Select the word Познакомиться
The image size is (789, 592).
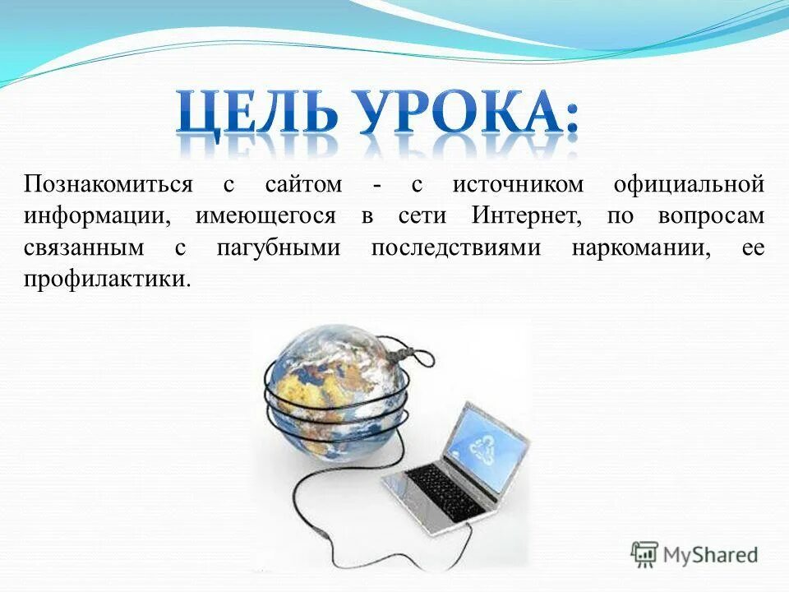coord(108,183)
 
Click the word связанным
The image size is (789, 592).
coord(88,247)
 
